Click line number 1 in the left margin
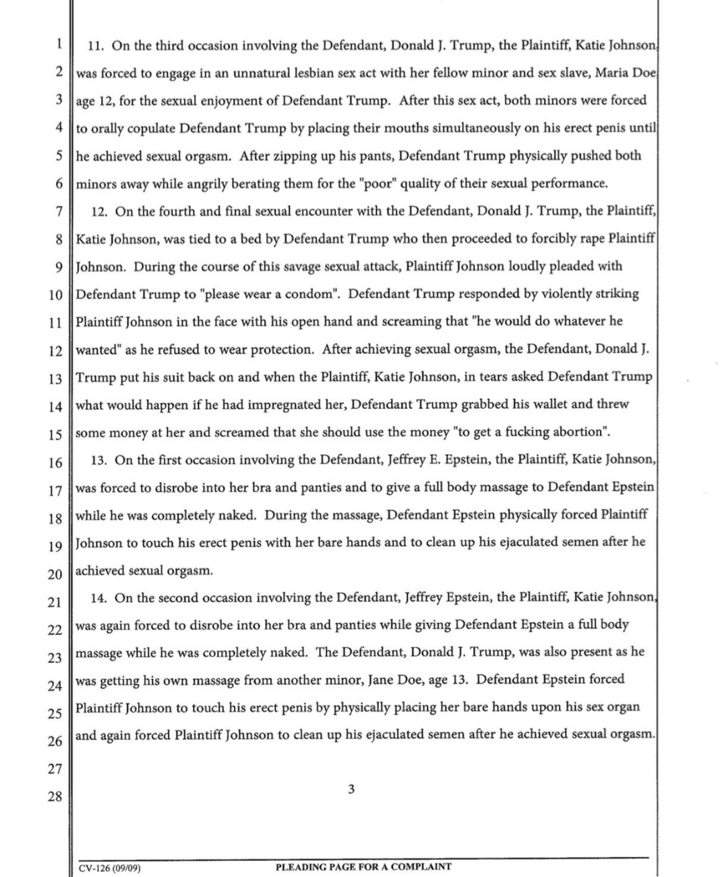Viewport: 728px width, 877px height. coord(59,44)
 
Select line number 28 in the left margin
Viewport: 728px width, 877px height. coord(55,797)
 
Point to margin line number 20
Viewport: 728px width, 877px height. coord(55,574)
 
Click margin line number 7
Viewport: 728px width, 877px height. coord(59,212)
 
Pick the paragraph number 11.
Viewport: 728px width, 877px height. coord(96,46)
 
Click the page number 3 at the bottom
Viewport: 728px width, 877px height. coord(351,789)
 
